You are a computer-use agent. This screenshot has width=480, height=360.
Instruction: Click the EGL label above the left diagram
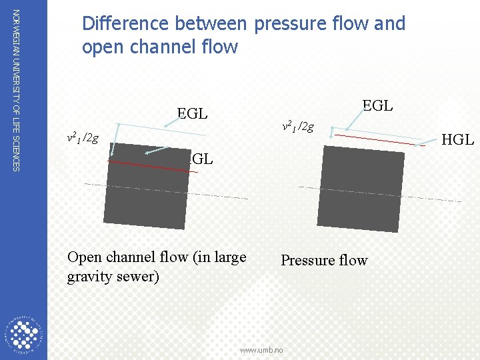[192, 113]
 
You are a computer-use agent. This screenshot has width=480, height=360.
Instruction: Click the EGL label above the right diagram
[377, 105]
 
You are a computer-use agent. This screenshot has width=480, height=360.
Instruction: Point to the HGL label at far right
[458, 139]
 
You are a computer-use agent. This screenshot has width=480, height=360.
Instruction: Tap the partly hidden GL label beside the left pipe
[201, 159]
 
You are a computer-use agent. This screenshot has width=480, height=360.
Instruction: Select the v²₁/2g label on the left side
[83, 138]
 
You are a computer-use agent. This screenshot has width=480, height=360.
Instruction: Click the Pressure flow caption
[324, 260]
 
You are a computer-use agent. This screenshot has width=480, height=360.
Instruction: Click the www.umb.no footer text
[261, 350]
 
